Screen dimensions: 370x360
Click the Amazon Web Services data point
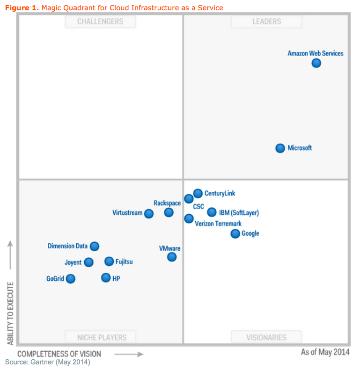(x=316, y=63)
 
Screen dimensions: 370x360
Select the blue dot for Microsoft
(x=280, y=148)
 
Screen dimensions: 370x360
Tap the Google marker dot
(x=235, y=233)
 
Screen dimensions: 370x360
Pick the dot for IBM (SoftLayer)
(x=212, y=212)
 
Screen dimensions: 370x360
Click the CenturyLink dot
(x=198, y=193)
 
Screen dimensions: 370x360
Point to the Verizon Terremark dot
(x=189, y=218)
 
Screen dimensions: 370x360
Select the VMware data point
(x=172, y=257)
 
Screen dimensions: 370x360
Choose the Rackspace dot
(x=169, y=212)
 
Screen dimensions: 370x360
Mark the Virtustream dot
(x=149, y=214)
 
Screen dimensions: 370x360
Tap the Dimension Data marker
(x=95, y=246)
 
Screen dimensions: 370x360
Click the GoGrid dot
(x=70, y=279)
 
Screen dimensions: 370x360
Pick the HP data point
(x=106, y=278)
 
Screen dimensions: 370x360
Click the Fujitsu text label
(x=124, y=262)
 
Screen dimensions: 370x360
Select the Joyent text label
(x=73, y=262)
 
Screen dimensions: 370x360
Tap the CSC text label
(x=198, y=206)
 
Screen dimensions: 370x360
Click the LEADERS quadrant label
(x=267, y=22)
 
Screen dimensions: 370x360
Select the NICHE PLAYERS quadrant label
(x=100, y=337)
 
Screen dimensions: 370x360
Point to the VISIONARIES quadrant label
(x=266, y=337)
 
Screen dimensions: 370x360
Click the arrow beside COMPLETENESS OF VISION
(x=129, y=354)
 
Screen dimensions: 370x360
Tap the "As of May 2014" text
(x=325, y=353)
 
